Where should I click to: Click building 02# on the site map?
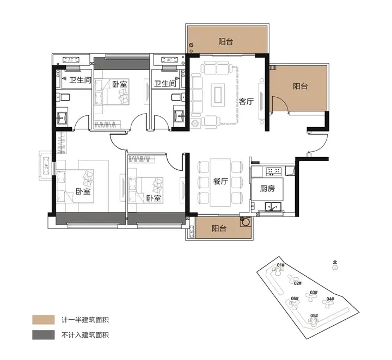297,283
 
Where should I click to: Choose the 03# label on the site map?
314,293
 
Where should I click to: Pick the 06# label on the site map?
295,299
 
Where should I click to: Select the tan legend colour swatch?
43,319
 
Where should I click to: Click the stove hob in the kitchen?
273,172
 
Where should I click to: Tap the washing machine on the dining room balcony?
246,222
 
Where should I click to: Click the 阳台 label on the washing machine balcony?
219,229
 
